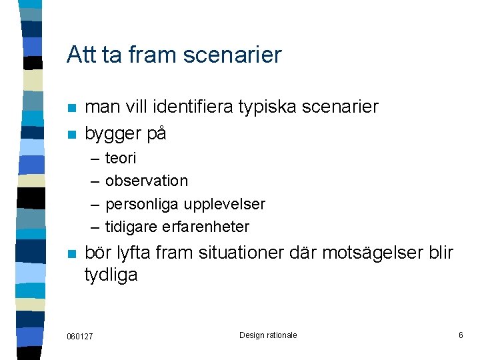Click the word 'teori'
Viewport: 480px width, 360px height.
tap(121, 158)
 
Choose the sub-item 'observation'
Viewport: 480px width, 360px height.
tap(147, 181)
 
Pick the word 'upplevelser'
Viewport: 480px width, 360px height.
tap(225, 204)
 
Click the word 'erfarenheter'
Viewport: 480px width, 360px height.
tap(205, 227)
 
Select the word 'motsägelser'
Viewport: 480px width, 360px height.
tap(359, 253)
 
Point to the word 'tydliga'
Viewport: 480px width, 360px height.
tap(111, 275)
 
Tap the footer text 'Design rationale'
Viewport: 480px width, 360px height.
tap(268, 335)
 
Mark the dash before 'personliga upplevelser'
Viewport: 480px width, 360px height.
tap(93, 204)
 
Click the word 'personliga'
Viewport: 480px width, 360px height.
tap(143, 204)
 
